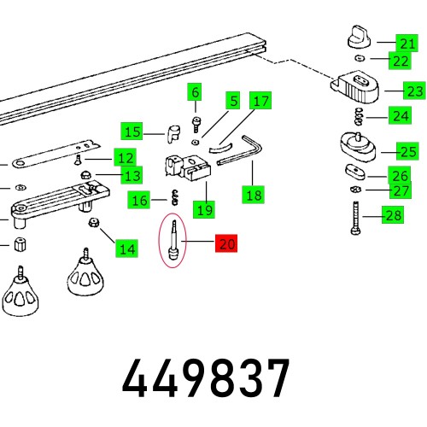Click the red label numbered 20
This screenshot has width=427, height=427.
click(226, 243)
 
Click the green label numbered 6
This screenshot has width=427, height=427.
click(196, 92)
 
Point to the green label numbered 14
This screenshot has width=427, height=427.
click(126, 249)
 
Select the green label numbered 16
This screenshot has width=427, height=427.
click(138, 200)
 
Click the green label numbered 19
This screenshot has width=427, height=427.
click(204, 208)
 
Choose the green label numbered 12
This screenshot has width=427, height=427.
click(126, 157)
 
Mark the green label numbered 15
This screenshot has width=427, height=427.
click(132, 132)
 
